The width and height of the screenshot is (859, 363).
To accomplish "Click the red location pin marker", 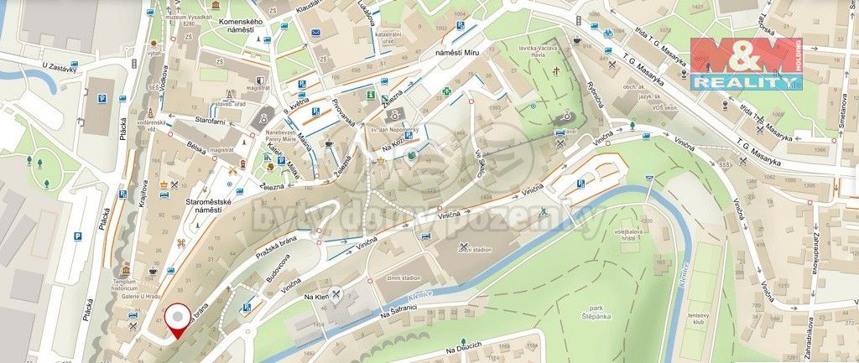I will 177,319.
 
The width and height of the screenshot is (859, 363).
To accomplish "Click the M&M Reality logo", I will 745,64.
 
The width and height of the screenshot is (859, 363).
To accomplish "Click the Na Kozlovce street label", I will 397,145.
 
